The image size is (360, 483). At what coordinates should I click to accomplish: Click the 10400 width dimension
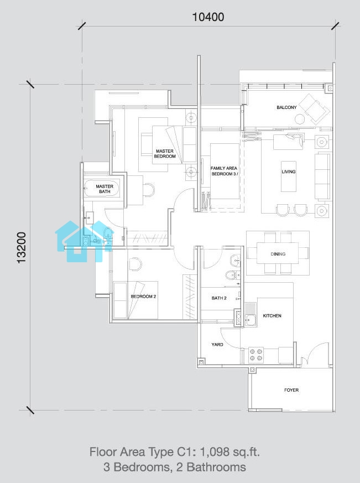tap(208, 17)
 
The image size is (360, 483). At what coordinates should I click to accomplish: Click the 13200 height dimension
tap(22, 247)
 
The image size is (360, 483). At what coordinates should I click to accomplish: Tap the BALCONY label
tap(286, 107)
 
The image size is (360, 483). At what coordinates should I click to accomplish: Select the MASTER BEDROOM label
tap(165, 154)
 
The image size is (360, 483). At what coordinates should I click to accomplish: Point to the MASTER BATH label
tap(105, 189)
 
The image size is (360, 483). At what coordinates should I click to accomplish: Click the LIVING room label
tap(289, 172)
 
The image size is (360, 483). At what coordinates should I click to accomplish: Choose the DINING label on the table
tap(278, 254)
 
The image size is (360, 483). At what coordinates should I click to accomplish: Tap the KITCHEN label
tap(272, 316)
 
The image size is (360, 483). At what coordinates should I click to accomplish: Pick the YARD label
tap(217, 344)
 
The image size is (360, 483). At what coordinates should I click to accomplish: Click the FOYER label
tap(291, 390)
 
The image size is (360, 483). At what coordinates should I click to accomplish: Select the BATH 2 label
tap(219, 298)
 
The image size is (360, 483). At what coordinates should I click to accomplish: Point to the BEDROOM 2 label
tap(144, 297)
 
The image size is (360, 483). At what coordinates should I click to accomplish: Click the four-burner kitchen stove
tap(256, 355)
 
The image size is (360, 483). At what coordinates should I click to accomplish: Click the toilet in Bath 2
tap(231, 274)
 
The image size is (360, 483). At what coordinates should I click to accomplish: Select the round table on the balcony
tap(299, 118)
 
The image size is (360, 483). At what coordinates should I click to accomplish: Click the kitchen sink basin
tap(251, 320)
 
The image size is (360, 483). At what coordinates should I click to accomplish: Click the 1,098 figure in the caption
tap(215, 452)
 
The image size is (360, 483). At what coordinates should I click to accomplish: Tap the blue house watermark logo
tap(83, 241)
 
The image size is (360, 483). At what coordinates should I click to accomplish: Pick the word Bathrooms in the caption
tap(216, 467)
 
